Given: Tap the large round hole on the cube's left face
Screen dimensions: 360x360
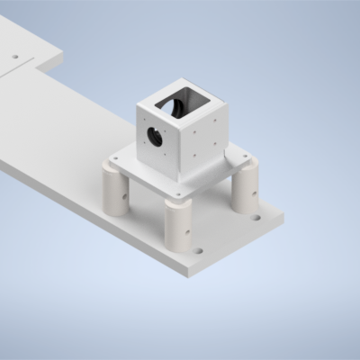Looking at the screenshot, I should (155, 138).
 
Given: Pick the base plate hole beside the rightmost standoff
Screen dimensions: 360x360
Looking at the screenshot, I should (256, 216).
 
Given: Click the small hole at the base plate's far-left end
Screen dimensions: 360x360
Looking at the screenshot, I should (14, 56).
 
